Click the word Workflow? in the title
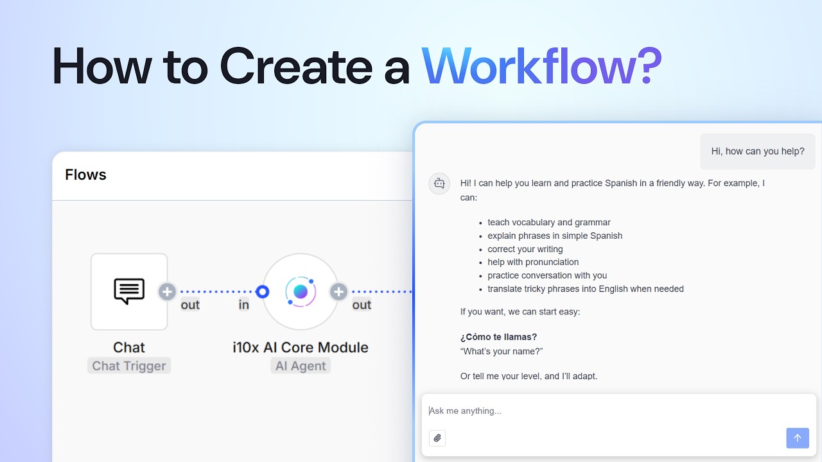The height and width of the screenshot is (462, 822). [x=541, y=66]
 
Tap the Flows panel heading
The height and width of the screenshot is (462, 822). [x=85, y=175]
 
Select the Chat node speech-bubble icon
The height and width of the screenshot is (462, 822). [x=129, y=291]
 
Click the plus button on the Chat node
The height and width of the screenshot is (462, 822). [x=167, y=292]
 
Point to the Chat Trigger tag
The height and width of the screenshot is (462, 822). [x=129, y=366]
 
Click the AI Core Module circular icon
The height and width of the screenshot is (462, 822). [x=301, y=292]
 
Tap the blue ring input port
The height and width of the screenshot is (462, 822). [x=262, y=292]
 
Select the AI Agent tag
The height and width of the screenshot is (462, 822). [x=301, y=366]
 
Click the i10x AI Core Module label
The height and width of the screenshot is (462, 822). [x=301, y=347]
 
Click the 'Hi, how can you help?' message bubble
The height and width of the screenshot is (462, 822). [x=757, y=151]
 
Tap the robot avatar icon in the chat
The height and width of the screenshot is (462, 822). [x=439, y=184]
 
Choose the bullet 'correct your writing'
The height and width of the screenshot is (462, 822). [x=525, y=249]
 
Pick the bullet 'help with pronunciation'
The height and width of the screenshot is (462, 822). [x=533, y=262]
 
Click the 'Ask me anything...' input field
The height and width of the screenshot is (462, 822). [x=604, y=411]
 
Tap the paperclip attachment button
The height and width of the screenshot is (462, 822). [x=437, y=438]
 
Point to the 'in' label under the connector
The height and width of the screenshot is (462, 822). [x=244, y=305]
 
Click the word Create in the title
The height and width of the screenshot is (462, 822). [x=295, y=66]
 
